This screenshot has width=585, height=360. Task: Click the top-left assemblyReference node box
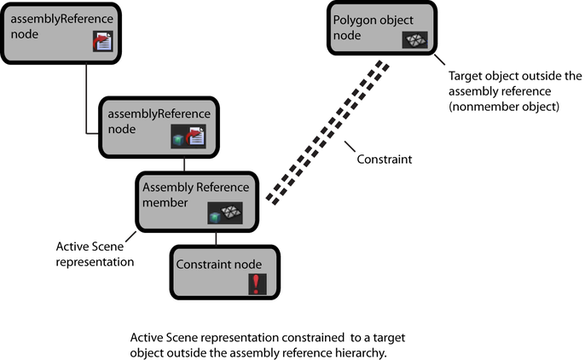pos(60,32)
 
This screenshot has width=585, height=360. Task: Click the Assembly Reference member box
pos(197,200)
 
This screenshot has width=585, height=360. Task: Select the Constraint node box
pos(226,272)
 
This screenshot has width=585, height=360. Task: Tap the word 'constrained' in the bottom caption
pos(286,337)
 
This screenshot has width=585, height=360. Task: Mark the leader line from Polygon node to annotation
pos(441,64)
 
